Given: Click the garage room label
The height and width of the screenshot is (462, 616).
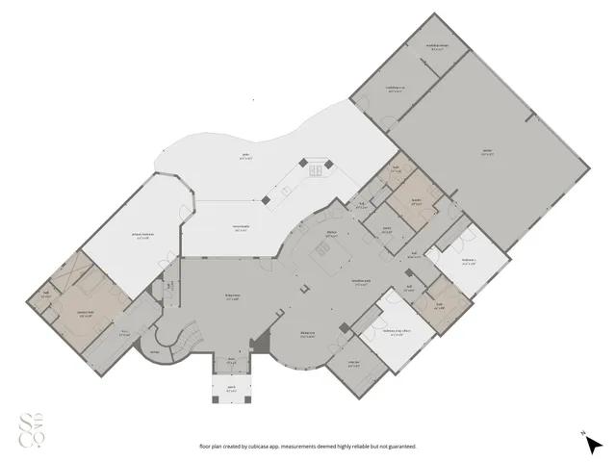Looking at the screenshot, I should tap(486, 152).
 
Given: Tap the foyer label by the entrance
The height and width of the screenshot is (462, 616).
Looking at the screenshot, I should tap(231, 362).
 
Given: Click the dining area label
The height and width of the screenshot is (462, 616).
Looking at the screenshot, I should tap(308, 336).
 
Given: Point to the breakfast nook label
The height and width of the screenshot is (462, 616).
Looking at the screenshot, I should tap(362, 281).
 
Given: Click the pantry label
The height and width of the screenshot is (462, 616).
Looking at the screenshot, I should tap(386, 229).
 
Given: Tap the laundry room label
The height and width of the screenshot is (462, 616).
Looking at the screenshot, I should tap(418, 201).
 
